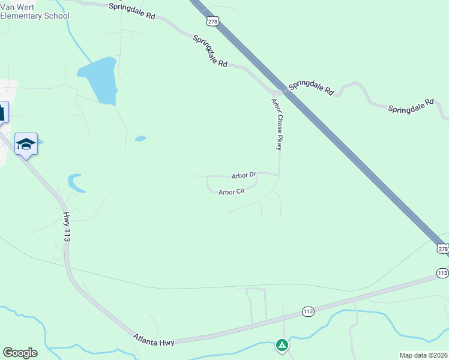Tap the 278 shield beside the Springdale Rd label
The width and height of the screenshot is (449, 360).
[x=212, y=21]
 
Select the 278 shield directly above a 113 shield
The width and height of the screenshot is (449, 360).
[x=442, y=248]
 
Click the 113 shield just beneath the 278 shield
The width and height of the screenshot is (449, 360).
[x=442, y=273]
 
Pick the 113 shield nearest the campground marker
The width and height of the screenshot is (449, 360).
[x=308, y=311]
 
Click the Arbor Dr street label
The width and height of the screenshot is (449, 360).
[x=244, y=176]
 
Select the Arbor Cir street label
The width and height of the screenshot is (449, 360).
[x=231, y=192]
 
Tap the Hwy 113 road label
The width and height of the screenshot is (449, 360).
[x=66, y=226]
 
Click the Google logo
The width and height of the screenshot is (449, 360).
[x=20, y=353]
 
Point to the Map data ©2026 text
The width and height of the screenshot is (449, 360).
[x=423, y=355]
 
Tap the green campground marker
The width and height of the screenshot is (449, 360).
[x=281, y=344]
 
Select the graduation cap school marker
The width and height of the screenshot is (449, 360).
[x=26, y=144]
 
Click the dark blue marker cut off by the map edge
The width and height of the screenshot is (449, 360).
[x=3, y=112]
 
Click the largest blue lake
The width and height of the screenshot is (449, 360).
[x=99, y=80]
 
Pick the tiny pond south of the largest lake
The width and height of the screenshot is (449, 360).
[x=140, y=139]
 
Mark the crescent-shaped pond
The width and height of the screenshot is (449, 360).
[x=74, y=182]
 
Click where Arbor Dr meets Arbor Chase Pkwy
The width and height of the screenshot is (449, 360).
[x=279, y=175]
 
